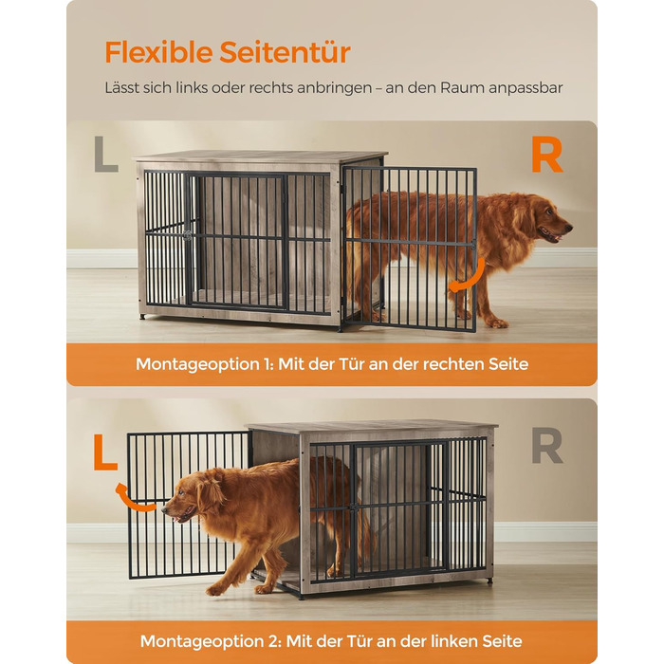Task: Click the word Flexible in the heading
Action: (158, 52)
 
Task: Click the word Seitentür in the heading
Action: (285, 52)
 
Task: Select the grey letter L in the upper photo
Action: (106, 154)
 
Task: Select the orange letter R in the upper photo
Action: (547, 155)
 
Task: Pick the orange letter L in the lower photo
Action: (105, 452)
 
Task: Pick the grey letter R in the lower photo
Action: (547, 446)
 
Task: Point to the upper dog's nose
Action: (569, 228)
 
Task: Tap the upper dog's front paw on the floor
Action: (497, 323)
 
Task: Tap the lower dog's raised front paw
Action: (215, 590)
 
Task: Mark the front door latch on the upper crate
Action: (187, 235)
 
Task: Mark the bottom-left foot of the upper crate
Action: (142, 316)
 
